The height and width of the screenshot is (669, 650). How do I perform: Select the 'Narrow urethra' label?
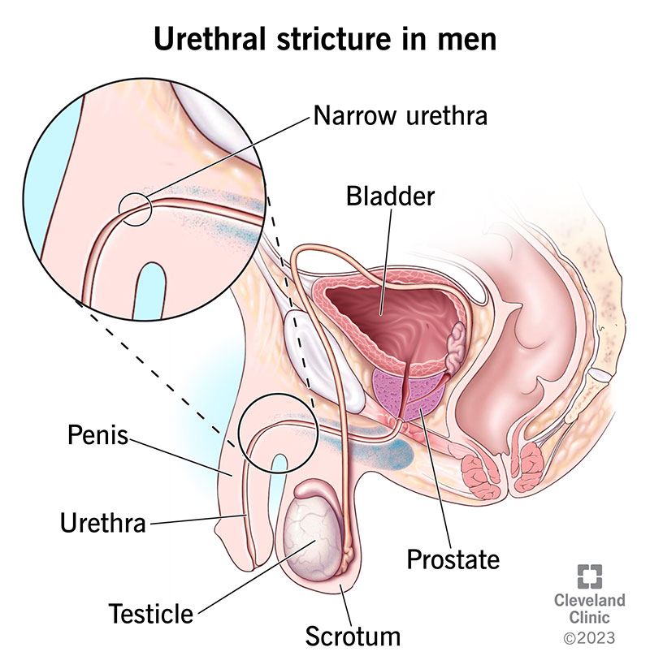pos(400,116)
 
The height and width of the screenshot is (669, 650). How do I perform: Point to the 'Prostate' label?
pos(453,559)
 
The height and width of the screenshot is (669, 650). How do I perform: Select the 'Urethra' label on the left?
pos(102,522)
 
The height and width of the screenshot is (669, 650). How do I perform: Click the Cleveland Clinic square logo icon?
pos(590,577)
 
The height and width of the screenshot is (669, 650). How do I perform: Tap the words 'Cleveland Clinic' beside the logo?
pos(590,610)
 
